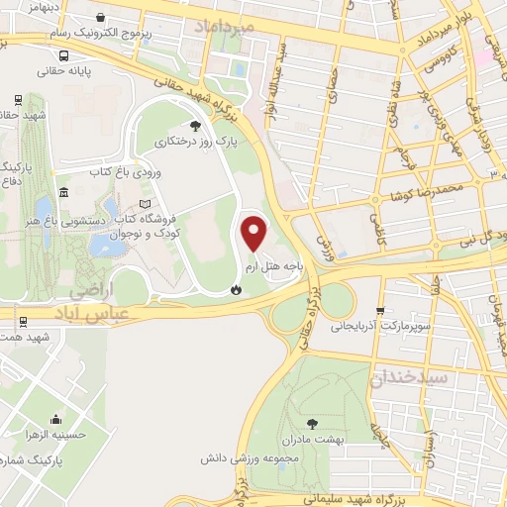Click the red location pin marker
tap(255, 234)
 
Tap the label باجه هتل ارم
tap(268, 267)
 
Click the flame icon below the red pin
tap(236, 288)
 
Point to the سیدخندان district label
tap(410, 377)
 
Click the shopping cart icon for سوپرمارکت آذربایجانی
tap(383, 309)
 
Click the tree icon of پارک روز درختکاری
tap(194, 125)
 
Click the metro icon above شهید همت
tap(22, 321)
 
